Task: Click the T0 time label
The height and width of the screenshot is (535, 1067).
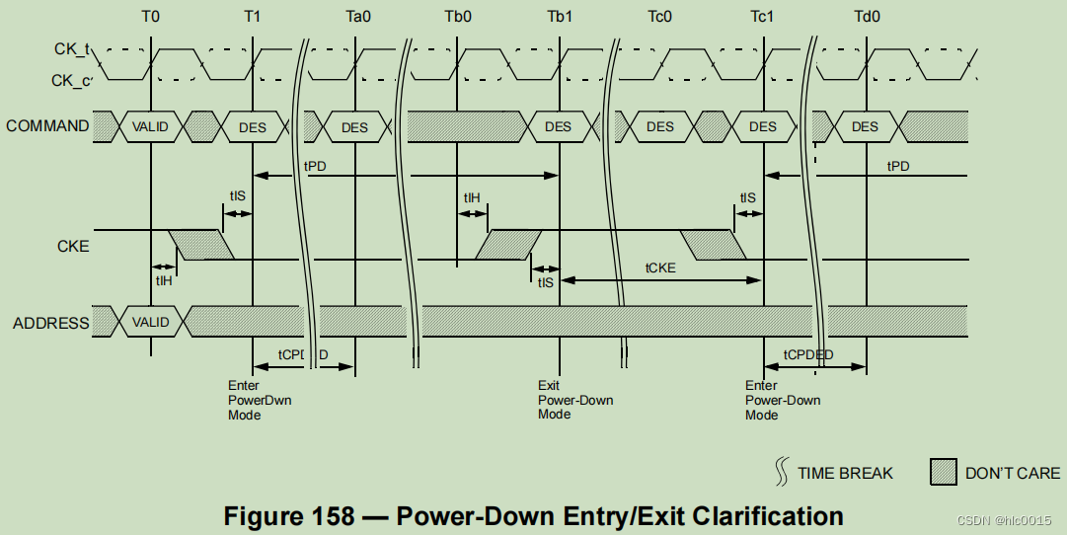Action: (150, 17)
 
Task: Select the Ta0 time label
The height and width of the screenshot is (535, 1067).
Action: (358, 17)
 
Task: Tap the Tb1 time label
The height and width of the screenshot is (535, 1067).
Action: (561, 17)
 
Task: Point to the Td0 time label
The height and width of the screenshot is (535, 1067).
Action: (868, 17)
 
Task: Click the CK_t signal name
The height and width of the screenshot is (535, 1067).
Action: (71, 48)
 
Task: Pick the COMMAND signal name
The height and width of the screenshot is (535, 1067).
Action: (47, 126)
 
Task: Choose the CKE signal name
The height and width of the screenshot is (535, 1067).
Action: (72, 246)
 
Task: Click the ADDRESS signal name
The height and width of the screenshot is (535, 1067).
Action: (50, 323)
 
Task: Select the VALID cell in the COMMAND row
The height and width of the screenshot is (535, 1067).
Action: (150, 126)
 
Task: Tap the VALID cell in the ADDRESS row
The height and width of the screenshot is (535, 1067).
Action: (150, 322)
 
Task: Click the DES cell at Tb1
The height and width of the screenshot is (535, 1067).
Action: (558, 126)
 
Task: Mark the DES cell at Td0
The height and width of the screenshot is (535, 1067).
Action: (865, 126)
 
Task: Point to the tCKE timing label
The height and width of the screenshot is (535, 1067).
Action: (659, 267)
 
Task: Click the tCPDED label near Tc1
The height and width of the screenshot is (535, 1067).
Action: (808, 354)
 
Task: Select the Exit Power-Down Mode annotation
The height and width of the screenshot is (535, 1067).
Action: (574, 400)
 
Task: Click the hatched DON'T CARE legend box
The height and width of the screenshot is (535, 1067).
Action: (944, 473)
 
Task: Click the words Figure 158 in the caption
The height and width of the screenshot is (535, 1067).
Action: (288, 515)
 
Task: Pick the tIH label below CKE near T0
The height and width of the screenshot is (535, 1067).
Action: (164, 280)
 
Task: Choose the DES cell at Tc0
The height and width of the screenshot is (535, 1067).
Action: (660, 126)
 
